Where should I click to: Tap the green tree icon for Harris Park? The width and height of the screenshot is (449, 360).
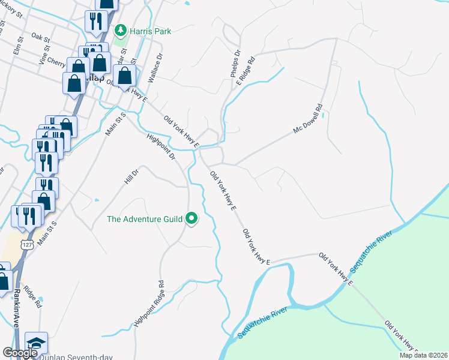121,29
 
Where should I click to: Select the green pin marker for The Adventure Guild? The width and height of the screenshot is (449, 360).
192,219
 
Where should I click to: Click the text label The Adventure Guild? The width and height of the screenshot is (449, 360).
145,219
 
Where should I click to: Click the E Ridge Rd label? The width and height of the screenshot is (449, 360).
246,71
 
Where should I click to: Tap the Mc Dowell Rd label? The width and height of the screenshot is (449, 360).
307,119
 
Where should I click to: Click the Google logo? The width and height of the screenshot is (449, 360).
19,353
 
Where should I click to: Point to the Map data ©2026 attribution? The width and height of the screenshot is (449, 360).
423,355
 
